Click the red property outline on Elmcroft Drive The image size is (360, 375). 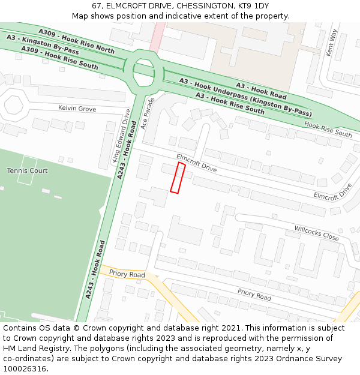177,178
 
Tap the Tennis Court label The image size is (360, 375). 27,170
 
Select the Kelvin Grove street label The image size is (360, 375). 77,109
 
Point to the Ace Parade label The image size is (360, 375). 147,113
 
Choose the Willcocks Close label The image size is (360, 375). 316,233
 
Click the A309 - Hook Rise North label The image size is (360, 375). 76,40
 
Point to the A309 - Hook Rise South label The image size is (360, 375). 59,58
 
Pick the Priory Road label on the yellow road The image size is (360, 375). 127,274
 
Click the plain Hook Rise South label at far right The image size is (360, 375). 328,129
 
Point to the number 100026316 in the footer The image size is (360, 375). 23,368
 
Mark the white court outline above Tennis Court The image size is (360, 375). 28,161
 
